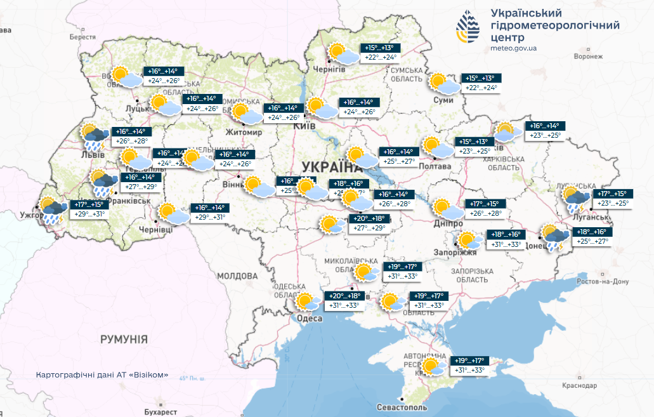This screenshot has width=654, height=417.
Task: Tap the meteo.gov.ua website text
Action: [x=514, y=48]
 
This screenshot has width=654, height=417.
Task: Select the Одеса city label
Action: [x=310, y=318]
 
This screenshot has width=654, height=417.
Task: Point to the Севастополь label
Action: [x=402, y=407]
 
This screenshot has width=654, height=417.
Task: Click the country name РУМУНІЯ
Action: [x=124, y=340]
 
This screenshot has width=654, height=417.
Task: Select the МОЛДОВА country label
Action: [x=237, y=276]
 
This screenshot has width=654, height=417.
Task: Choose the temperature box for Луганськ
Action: [x=612, y=199]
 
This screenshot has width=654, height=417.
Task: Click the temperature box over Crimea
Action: [x=468, y=365]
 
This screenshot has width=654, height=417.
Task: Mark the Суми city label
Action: [x=443, y=100]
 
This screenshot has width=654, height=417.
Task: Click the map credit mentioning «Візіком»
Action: [x=102, y=374]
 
